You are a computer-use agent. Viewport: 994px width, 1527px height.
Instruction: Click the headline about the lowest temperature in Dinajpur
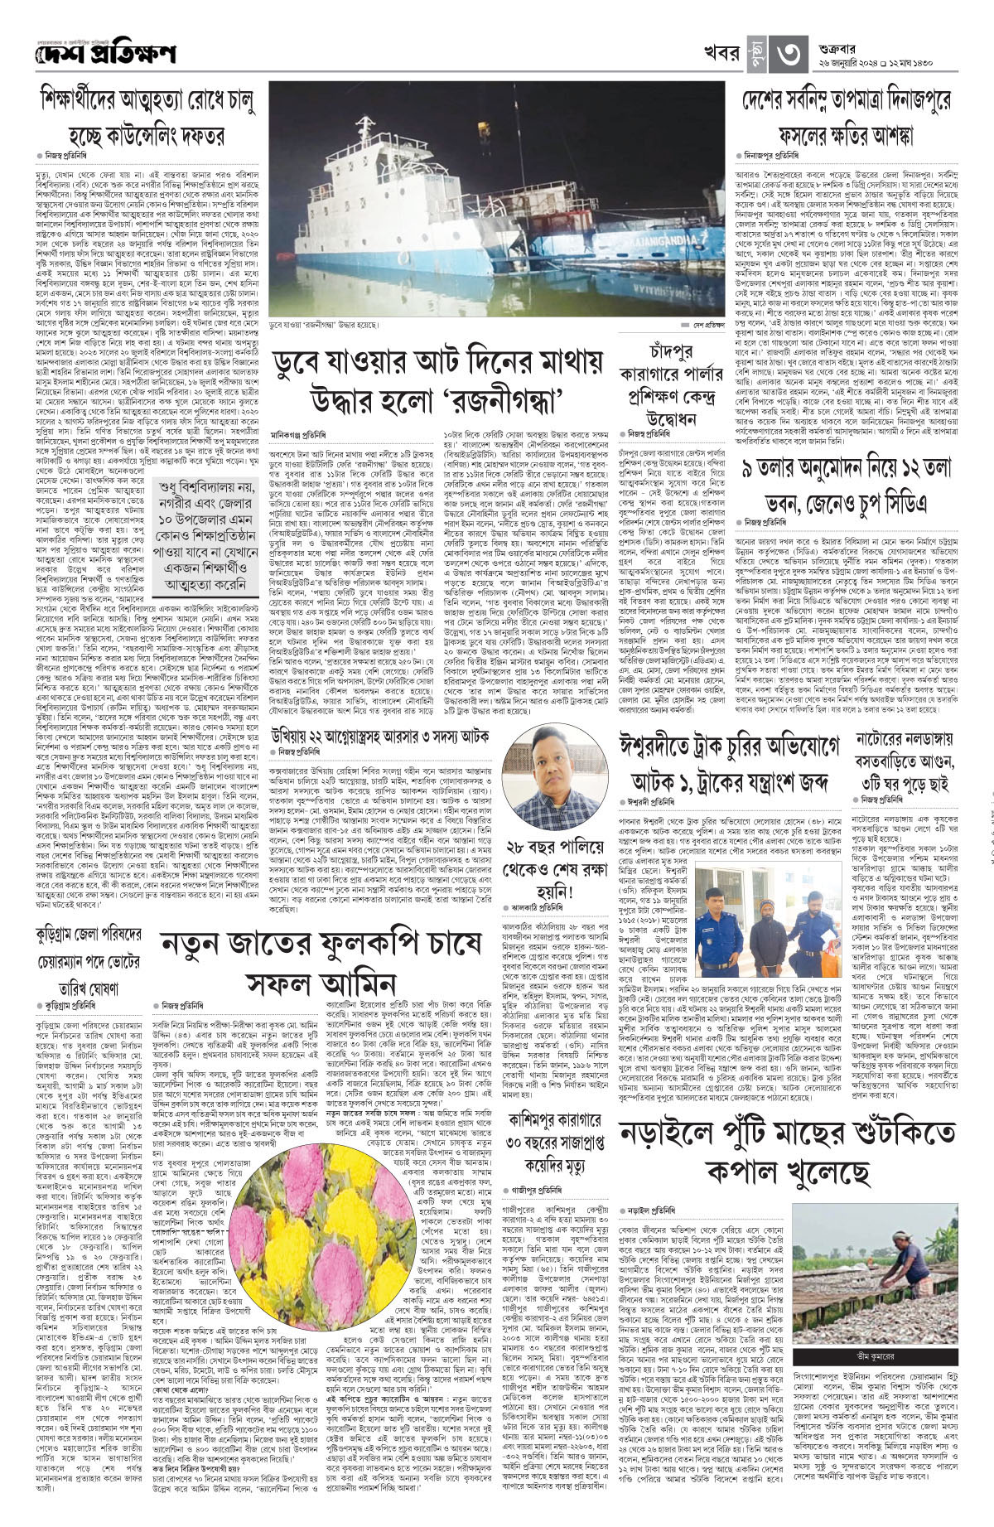pyautogui.click(x=846, y=117)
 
